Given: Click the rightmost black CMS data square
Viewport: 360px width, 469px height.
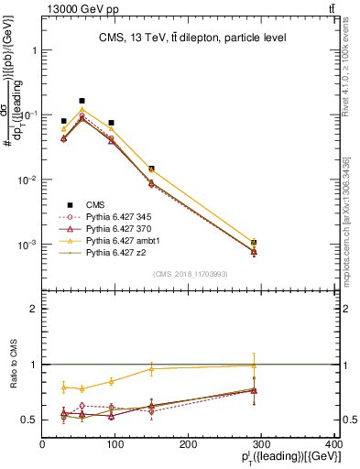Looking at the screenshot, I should (x=254, y=243).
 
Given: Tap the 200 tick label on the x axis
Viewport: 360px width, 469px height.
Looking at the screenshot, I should (x=188, y=444).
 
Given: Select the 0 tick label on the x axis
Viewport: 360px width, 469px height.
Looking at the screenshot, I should (x=43, y=444).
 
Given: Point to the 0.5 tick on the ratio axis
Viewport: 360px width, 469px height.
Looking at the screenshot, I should (x=31, y=420).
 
